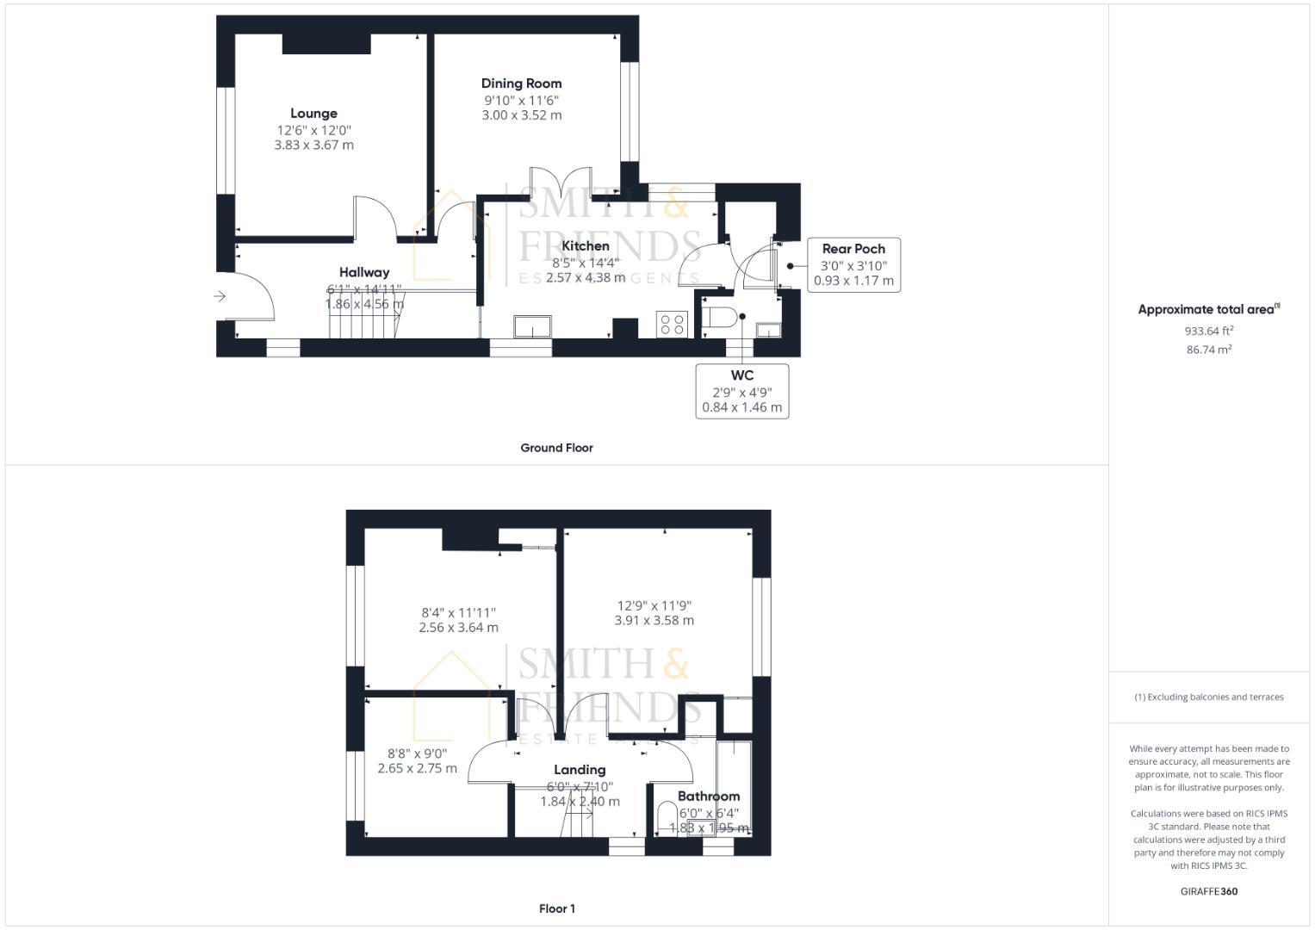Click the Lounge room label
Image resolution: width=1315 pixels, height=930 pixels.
pyautogui.click(x=313, y=114)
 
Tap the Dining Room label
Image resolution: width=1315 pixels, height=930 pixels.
pyautogui.click(x=521, y=84)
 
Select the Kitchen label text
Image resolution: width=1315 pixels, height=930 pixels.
pyautogui.click(x=586, y=246)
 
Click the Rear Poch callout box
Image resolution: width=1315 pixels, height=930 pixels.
pyautogui.click(x=853, y=264)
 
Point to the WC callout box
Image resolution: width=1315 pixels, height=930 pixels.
pyautogui.click(x=741, y=391)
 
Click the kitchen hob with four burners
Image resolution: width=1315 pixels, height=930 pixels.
pyautogui.click(x=672, y=325)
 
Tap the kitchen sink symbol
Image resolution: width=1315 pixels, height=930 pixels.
pyautogui.click(x=534, y=327)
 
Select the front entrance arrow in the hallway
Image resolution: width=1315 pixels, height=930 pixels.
pyautogui.click(x=220, y=296)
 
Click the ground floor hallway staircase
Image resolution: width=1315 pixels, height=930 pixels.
pyautogui.click(x=362, y=325)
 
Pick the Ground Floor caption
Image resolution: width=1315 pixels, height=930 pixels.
pyautogui.click(x=556, y=448)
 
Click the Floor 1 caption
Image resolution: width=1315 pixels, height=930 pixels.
pyautogui.click(x=556, y=908)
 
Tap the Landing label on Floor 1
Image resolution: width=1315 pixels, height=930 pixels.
pyautogui.click(x=580, y=770)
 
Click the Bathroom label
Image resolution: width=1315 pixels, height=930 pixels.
pyautogui.click(x=709, y=797)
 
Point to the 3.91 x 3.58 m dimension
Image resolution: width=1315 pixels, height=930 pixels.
pyautogui.click(x=654, y=620)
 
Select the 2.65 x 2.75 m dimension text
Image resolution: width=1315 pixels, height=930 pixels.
pyautogui.click(x=417, y=768)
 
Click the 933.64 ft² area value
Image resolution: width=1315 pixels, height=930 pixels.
pyautogui.click(x=1208, y=331)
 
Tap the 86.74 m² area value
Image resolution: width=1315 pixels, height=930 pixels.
pyautogui.click(x=1208, y=350)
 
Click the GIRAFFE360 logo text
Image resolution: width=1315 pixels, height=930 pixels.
pyautogui.click(x=1208, y=891)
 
